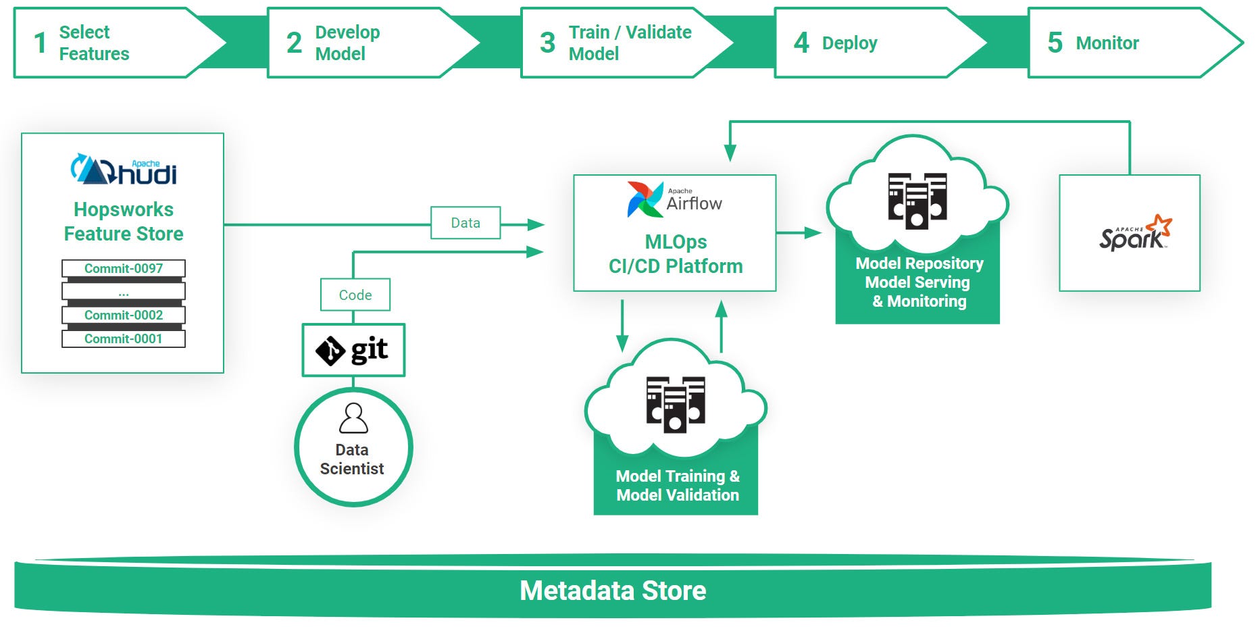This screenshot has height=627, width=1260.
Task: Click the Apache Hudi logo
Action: click(124, 170)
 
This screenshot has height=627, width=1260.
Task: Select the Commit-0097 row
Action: click(124, 268)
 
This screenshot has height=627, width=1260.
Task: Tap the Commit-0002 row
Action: click(124, 315)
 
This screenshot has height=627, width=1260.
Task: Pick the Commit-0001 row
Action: click(124, 338)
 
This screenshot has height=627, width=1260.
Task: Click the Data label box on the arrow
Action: click(465, 223)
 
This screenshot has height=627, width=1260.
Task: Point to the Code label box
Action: click(355, 295)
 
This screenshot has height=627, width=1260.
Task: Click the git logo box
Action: click(353, 350)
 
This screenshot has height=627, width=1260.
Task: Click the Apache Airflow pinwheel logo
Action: click(645, 199)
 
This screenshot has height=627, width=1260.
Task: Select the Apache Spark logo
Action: click(1135, 234)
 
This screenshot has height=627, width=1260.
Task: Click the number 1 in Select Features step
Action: click(41, 43)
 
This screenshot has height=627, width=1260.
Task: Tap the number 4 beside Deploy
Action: click(801, 43)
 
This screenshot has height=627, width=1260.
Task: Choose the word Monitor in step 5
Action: click(1107, 43)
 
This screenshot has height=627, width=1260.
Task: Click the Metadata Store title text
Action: click(612, 591)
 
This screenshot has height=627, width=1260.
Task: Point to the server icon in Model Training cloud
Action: click(675, 404)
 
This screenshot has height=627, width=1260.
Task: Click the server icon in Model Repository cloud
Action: click(917, 201)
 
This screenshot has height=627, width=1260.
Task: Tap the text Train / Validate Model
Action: click(630, 43)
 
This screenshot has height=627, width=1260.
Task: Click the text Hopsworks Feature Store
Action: click(124, 222)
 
